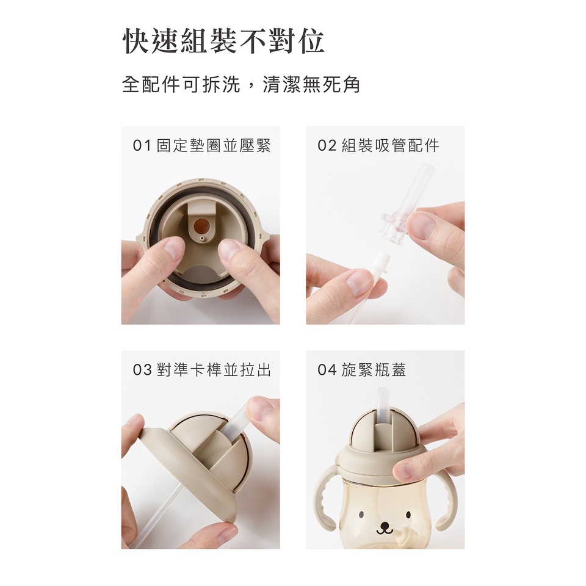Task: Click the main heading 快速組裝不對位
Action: pos(223,41)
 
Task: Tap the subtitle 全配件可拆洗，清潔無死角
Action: pos(241,84)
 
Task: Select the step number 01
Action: pos(142,145)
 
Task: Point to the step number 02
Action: pos(327,145)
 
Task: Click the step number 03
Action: pos(142,370)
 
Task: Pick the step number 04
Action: pos(327,370)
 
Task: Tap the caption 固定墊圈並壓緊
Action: pos(214,145)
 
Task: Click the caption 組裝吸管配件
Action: pos(391,145)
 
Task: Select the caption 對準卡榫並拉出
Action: pos(214,370)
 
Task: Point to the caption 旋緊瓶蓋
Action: pos(374,370)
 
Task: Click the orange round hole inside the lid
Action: pos(202,225)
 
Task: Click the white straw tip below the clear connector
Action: pos(382,263)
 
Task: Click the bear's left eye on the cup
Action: pos(361,515)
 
